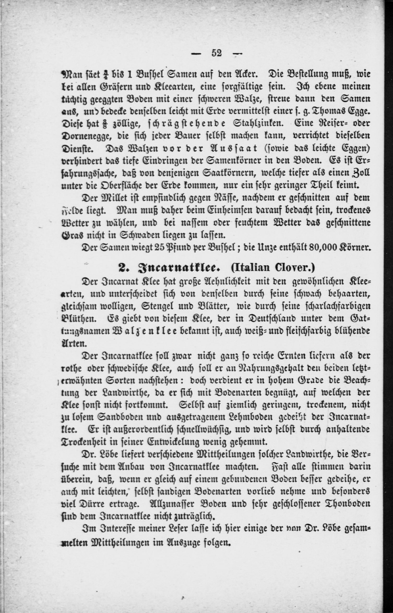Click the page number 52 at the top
(217, 53)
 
